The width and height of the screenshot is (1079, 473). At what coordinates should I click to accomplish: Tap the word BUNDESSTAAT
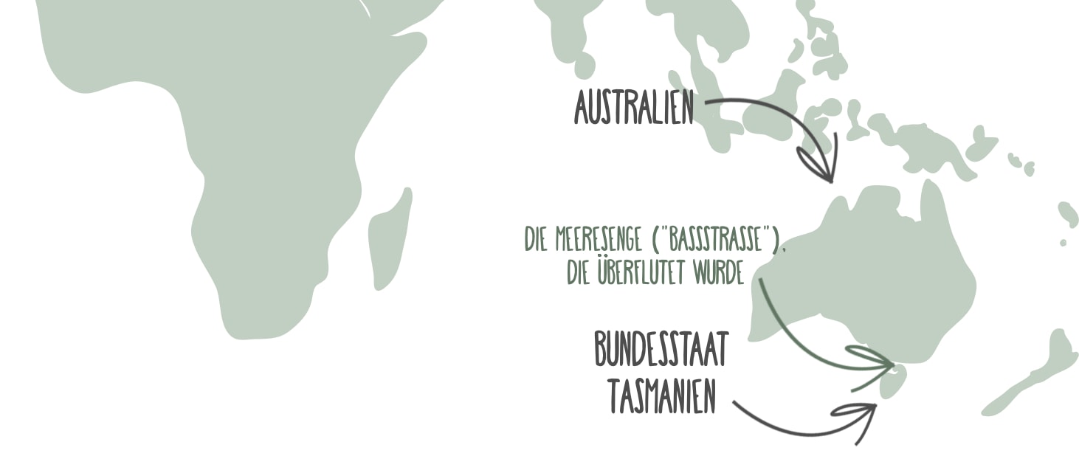point(661,351)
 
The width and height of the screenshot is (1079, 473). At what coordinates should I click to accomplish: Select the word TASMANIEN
point(662,398)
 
